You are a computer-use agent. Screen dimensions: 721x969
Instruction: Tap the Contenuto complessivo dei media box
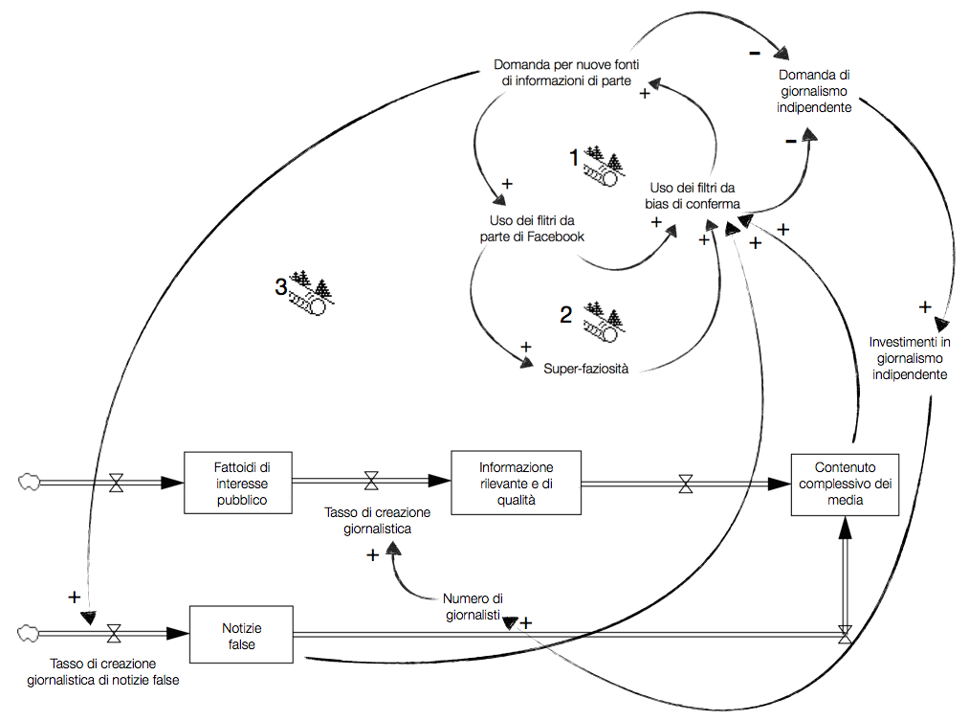846,484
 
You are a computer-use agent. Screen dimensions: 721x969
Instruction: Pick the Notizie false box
241,635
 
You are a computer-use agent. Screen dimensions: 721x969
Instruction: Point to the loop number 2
566,315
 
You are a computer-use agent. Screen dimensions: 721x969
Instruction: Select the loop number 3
281,286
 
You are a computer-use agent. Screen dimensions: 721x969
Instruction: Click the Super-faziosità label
585,368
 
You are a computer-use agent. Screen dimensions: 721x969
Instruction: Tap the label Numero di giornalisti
473,607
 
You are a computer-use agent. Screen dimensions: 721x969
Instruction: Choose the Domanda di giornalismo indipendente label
815,91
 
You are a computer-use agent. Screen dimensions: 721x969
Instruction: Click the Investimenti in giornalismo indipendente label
910,358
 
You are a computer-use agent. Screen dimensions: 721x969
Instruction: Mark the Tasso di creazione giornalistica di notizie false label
103,671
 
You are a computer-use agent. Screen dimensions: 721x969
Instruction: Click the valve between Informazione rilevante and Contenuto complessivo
686,484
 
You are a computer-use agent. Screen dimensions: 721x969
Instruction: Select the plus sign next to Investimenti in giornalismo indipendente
925,307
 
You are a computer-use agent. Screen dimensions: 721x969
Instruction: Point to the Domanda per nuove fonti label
566,73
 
